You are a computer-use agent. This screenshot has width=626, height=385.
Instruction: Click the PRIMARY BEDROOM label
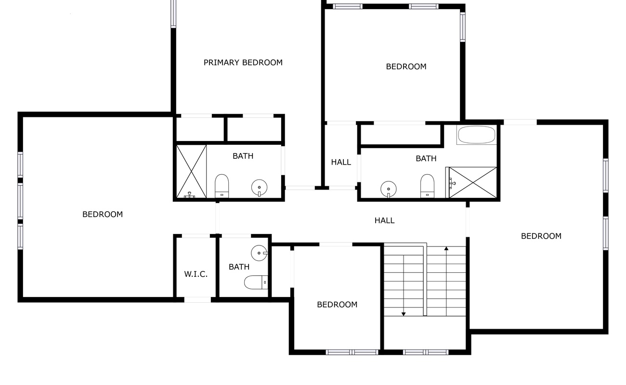pyautogui.click(x=243, y=63)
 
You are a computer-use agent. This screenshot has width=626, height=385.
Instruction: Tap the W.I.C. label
pyautogui.click(x=196, y=274)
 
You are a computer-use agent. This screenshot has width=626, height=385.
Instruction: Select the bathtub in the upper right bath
pyautogui.click(x=477, y=135)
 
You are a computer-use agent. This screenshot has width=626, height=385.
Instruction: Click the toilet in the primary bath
pyautogui.click(x=222, y=186)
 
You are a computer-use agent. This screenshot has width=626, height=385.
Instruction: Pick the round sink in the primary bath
pyautogui.click(x=260, y=188)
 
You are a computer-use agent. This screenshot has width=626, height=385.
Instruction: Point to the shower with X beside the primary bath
pyautogui.click(x=192, y=171)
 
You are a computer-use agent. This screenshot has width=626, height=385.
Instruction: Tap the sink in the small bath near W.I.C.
pyautogui.click(x=260, y=253)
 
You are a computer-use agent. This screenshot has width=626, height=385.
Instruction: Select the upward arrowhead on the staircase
pyautogui.click(x=446, y=248)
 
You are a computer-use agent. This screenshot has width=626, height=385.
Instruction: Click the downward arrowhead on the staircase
pyautogui.click(x=404, y=314)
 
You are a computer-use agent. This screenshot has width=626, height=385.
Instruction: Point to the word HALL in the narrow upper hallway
pyautogui.click(x=341, y=162)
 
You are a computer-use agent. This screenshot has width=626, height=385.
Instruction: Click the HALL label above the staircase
pyautogui.click(x=385, y=220)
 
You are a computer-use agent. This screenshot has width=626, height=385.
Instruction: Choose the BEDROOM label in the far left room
pyautogui.click(x=103, y=214)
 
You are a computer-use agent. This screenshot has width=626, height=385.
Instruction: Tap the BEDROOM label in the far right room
pyautogui.click(x=541, y=236)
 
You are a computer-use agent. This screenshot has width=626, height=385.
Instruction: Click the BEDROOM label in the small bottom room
pyautogui.click(x=337, y=305)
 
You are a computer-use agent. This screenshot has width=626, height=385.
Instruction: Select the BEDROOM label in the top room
pyautogui.click(x=406, y=66)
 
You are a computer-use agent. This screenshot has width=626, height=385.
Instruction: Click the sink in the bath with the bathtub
pyautogui.click(x=389, y=189)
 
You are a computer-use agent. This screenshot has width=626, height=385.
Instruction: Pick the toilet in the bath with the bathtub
pyautogui.click(x=427, y=186)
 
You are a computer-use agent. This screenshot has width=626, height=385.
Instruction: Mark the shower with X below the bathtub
pyautogui.click(x=472, y=182)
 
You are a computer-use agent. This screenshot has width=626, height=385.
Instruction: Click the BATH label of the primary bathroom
pyautogui.click(x=243, y=156)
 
